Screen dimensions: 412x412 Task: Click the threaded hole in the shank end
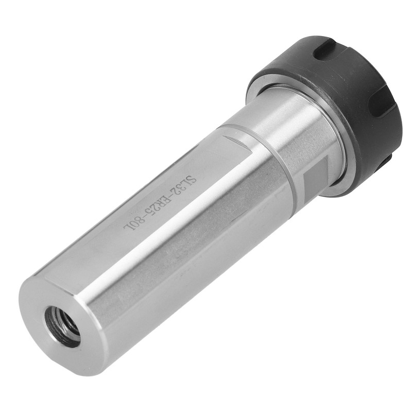pos(63,325)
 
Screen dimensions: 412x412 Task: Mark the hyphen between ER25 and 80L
pos(144,215)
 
